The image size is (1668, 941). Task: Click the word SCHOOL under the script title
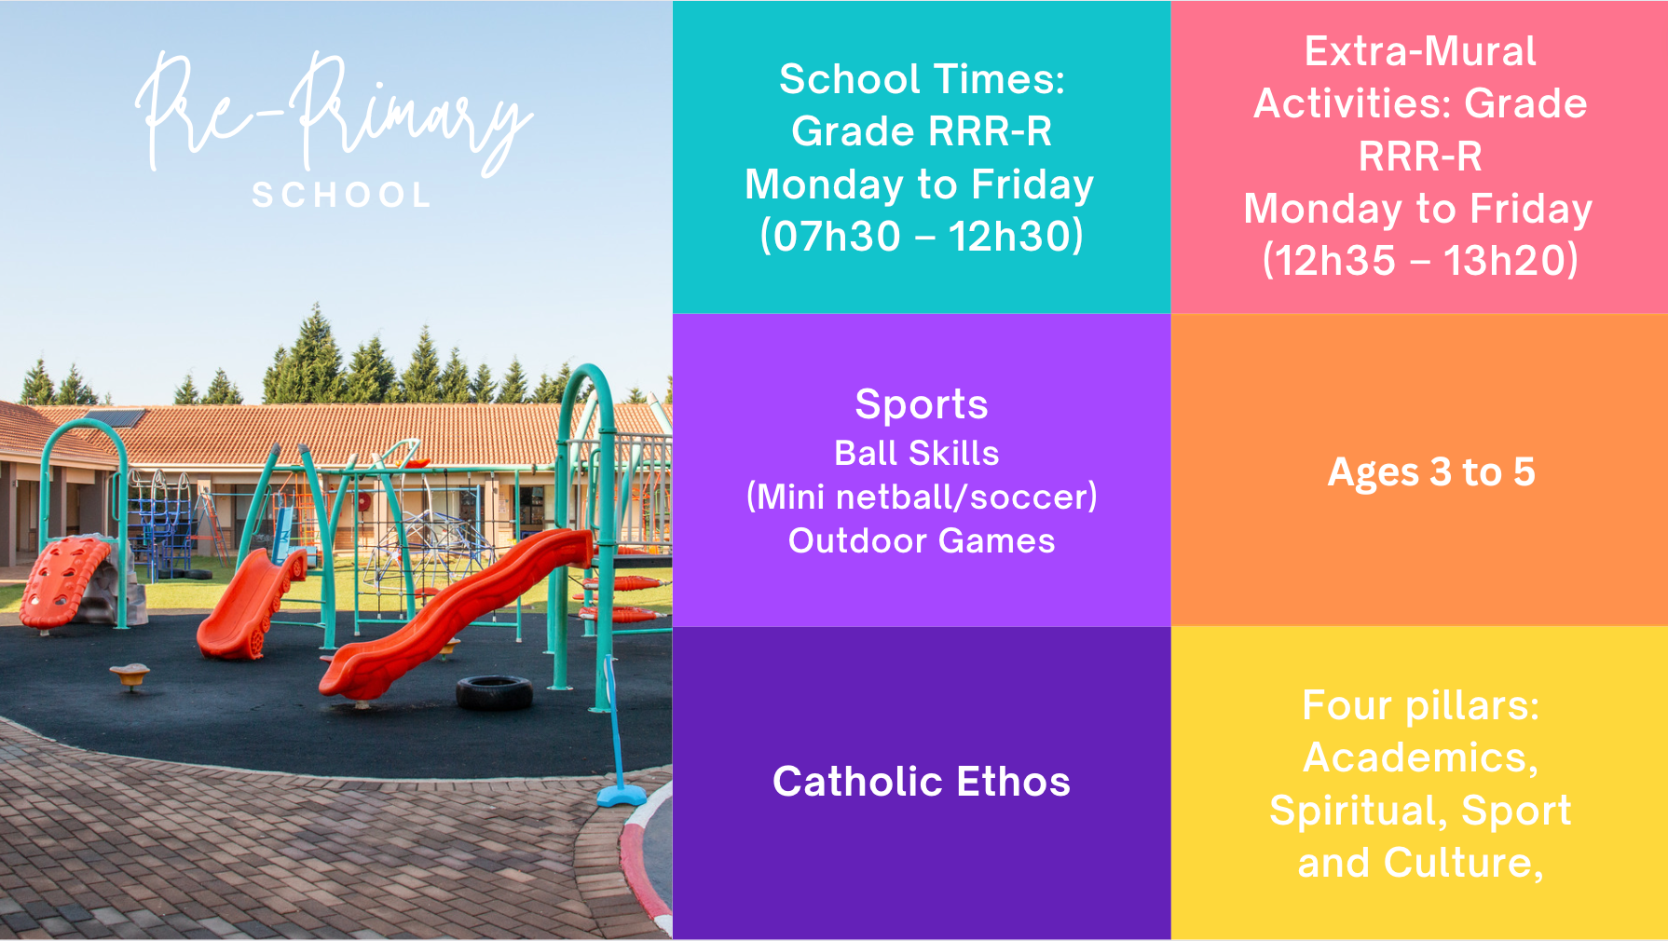click(341, 195)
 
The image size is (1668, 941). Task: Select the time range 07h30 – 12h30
click(922, 236)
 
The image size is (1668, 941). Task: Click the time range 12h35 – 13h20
click(1420, 260)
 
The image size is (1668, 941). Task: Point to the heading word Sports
click(922, 404)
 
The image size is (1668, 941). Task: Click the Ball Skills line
click(917, 453)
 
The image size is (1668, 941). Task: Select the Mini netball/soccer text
click(922, 497)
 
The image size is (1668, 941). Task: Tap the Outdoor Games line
click(922, 540)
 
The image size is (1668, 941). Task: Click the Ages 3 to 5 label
click(1431, 471)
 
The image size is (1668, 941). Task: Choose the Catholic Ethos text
click(922, 781)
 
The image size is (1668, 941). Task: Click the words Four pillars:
click(1420, 705)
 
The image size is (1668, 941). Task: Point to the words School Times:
click(922, 79)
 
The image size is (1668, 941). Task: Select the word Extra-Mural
click(1420, 51)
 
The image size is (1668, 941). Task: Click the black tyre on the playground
click(494, 692)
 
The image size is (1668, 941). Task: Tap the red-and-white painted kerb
click(644, 857)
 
